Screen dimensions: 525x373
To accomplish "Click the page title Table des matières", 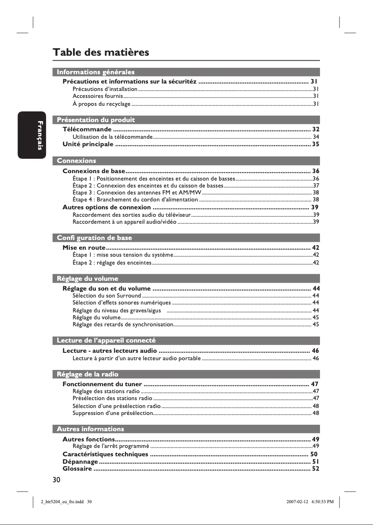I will point(101,52).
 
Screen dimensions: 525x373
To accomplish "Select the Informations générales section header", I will point(95,72).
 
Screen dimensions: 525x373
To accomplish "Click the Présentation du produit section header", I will point(95,120).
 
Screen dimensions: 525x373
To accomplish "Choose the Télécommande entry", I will point(87,129).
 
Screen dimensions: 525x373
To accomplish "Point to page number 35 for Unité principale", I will point(315,144).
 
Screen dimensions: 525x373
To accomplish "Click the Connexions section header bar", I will point(76,161).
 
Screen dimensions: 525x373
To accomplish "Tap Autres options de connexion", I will point(107,207).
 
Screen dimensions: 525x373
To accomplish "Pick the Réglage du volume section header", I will point(87,279).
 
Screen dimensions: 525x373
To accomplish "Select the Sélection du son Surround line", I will point(107,295).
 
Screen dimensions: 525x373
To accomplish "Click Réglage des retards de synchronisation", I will point(123,324).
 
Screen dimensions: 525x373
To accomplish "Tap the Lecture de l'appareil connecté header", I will point(106,341).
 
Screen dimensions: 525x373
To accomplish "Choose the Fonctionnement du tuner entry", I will point(102,384).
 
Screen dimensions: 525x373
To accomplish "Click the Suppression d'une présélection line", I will point(113,413).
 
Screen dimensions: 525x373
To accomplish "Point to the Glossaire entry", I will point(77,469).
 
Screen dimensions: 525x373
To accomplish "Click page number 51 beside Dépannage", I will point(315,462).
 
